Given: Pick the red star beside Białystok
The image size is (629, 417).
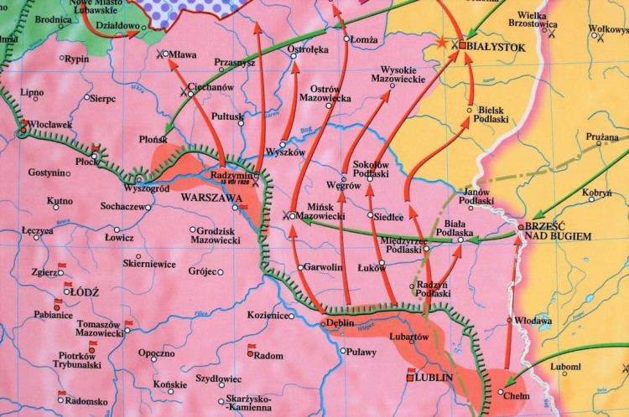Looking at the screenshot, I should coord(442,42).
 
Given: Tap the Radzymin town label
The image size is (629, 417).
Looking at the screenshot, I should coord(231,175).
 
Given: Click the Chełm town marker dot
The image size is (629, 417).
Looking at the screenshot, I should coord(502,392).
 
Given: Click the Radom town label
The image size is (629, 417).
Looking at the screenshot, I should coord(268,354).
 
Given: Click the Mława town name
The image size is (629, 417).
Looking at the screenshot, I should coord(184,55).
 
